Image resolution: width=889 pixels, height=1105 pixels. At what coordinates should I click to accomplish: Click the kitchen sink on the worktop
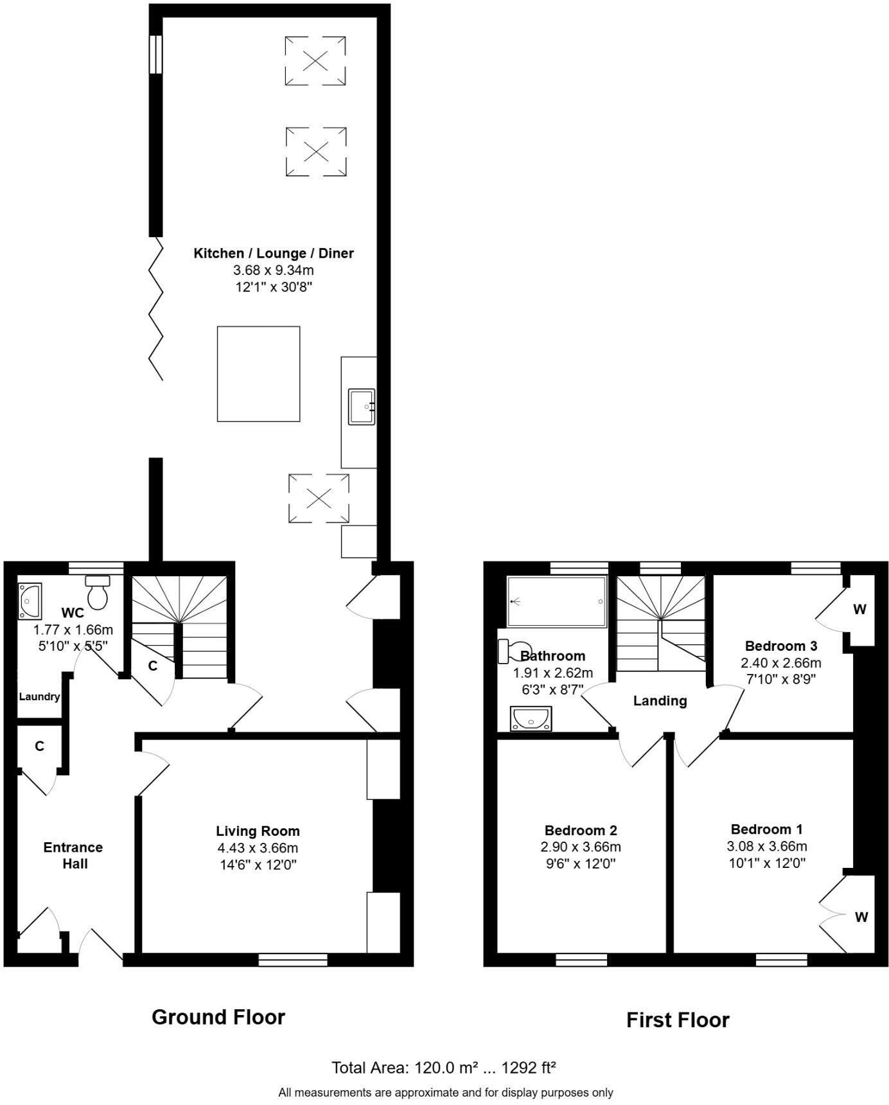click(x=362, y=407)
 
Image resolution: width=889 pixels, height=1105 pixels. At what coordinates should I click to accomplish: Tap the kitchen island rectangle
click(x=258, y=374)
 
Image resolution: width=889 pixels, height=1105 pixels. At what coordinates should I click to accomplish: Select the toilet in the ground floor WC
click(x=98, y=592)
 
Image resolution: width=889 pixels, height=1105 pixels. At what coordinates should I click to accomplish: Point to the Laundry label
click(x=39, y=696)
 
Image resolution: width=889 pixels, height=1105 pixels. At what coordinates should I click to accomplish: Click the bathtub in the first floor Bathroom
click(x=557, y=601)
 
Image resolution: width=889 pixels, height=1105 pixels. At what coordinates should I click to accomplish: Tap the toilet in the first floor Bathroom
click(x=515, y=650)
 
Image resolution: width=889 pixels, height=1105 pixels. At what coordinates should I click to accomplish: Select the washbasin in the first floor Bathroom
click(x=531, y=718)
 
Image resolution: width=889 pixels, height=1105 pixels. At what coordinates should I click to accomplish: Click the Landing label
click(x=660, y=701)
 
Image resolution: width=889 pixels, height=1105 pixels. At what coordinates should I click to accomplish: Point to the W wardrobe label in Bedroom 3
click(x=859, y=609)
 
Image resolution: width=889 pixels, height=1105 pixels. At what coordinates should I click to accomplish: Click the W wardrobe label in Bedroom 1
click(x=861, y=917)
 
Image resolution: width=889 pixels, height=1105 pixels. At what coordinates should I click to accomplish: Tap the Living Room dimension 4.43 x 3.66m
click(x=258, y=848)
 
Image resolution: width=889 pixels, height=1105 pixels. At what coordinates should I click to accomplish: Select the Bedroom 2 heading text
click(x=581, y=830)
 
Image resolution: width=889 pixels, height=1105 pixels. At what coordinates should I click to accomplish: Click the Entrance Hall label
click(x=73, y=856)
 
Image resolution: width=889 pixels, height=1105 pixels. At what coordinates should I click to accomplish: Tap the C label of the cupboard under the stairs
click(x=152, y=666)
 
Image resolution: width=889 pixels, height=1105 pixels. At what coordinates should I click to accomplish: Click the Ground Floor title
click(x=218, y=1017)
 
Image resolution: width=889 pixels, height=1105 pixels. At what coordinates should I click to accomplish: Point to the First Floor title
click(x=678, y=1020)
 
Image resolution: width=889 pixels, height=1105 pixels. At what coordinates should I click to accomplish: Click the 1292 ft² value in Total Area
click(x=528, y=1068)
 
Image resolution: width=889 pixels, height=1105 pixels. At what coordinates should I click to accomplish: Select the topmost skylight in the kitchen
click(x=315, y=61)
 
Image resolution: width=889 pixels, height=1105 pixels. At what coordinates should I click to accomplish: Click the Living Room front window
click(x=293, y=960)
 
